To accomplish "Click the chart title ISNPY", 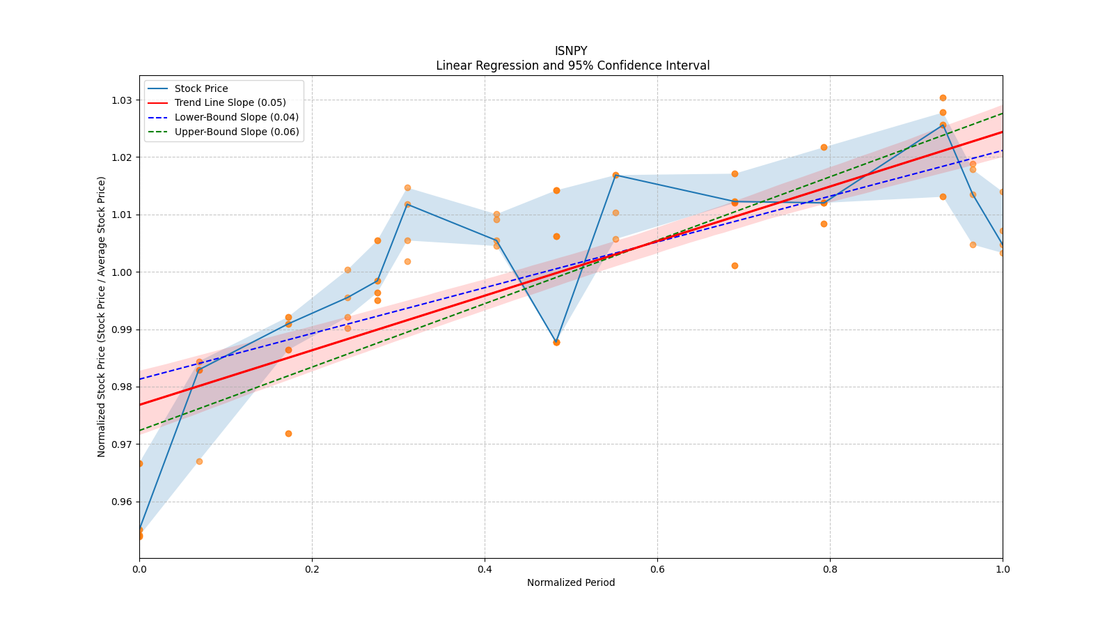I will tap(571, 51).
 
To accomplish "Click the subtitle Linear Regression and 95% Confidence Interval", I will tap(572, 65).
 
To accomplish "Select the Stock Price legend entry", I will tap(201, 88).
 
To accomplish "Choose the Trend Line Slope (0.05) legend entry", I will tap(230, 102).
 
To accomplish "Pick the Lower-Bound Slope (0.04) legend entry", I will tap(236, 117).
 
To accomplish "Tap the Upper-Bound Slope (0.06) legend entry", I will tap(237, 132).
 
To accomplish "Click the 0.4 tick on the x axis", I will tap(485, 569).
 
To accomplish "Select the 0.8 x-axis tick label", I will tap(830, 569).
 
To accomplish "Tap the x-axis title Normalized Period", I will tap(571, 582).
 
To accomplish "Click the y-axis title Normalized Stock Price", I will tap(102, 316).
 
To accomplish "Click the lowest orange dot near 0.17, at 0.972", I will tap(288, 433).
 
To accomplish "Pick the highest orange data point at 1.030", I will tap(943, 98).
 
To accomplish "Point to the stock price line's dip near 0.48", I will tap(556, 342).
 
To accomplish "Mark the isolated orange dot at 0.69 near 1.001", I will tap(735, 265).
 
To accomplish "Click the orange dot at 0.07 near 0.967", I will tap(199, 461).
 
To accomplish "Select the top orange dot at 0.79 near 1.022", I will tap(824, 147).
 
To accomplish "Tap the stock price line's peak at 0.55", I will tap(615, 175).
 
